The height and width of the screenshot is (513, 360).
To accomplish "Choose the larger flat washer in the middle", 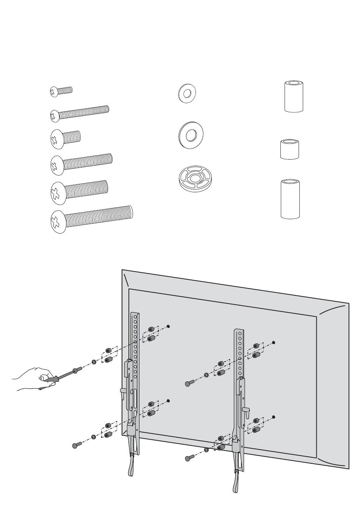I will pyautogui.click(x=191, y=135).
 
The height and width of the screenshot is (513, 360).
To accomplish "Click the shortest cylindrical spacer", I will pyautogui.click(x=289, y=149).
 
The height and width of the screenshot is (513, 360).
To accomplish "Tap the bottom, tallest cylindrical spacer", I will pyautogui.click(x=290, y=199).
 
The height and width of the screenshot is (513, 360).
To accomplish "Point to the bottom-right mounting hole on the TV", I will pyautogui.click(x=274, y=417).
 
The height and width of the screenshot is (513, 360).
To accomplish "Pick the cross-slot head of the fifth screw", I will pyautogui.click(x=58, y=192).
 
